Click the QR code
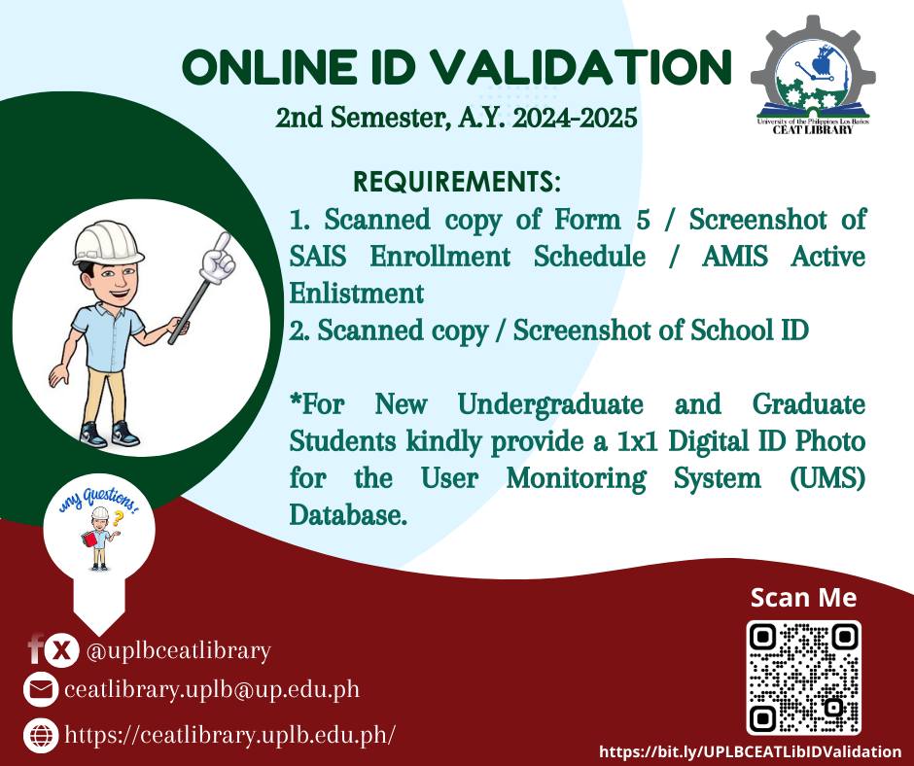804,677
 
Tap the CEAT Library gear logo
813,76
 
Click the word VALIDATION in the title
584,66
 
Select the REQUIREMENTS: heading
457,182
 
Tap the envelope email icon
40,689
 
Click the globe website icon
40,735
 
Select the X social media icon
60,650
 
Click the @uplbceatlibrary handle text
178,650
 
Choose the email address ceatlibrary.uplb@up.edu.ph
212,689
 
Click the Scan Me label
803,598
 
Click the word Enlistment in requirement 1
356,294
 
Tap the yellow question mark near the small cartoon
119,518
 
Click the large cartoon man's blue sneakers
110,435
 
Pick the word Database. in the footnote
347,515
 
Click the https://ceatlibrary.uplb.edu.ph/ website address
230,735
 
